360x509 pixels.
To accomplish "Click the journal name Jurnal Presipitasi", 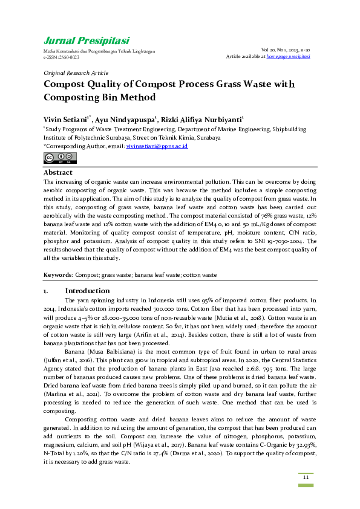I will pyautogui.click(x=86, y=41).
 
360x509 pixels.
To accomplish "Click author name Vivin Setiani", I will pyautogui.click(x=66, y=120).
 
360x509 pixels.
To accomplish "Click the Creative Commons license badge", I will pyautogui.click(x=61, y=158).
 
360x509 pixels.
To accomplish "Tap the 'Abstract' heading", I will pyautogui.click(x=58, y=173).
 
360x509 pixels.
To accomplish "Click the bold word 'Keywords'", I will pyautogui.click(x=57, y=275).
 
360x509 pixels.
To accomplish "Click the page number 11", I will pyautogui.click(x=306, y=478).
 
